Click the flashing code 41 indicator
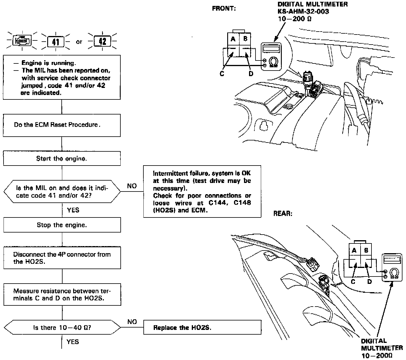pos(55,42)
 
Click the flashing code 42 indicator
pos(102,41)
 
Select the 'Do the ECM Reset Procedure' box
pos(62,125)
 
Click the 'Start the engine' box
pos(62,158)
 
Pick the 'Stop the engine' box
pos(62,225)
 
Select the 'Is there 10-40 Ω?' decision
pos(62,328)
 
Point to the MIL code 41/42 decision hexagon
pos(62,192)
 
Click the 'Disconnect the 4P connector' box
pos(62,258)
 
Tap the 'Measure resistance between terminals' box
pos(62,294)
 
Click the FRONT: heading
pos(224,9)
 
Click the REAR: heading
pos(283,213)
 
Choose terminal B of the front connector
pos(245,39)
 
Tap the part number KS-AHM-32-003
pos(303,12)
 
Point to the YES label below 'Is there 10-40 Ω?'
pos(73,342)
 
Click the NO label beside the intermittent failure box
pos(132,186)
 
